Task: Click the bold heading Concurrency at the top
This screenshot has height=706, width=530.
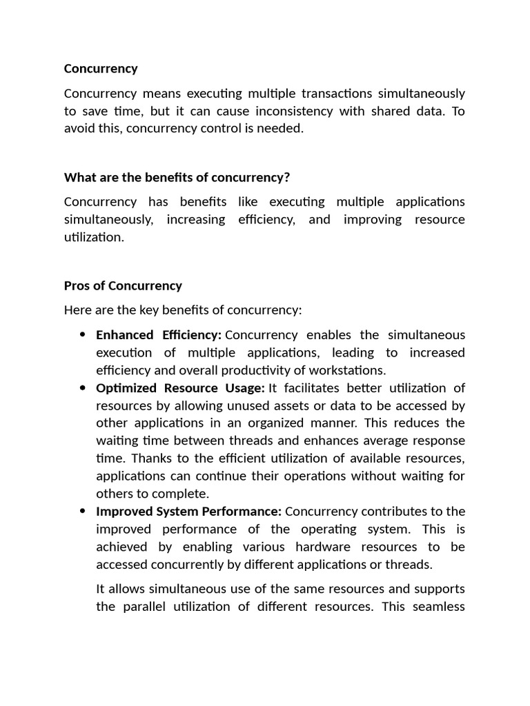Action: pyautogui.click(x=101, y=69)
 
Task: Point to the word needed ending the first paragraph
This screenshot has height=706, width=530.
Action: pyautogui.click(x=284, y=129)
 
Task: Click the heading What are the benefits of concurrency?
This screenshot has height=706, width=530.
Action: pyautogui.click(x=177, y=178)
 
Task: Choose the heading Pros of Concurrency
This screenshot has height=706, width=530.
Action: pyautogui.click(x=123, y=285)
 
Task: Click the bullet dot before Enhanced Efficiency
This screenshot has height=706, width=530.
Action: pyautogui.click(x=82, y=335)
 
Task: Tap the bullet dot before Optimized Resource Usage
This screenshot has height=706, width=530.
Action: pyautogui.click(x=82, y=388)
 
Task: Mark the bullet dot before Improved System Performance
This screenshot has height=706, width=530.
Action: pyautogui.click(x=82, y=512)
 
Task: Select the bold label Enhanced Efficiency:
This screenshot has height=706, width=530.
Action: pyautogui.click(x=159, y=335)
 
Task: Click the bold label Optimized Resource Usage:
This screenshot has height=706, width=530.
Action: pyautogui.click(x=180, y=388)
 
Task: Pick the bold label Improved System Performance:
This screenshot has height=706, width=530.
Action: pyautogui.click(x=188, y=512)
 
